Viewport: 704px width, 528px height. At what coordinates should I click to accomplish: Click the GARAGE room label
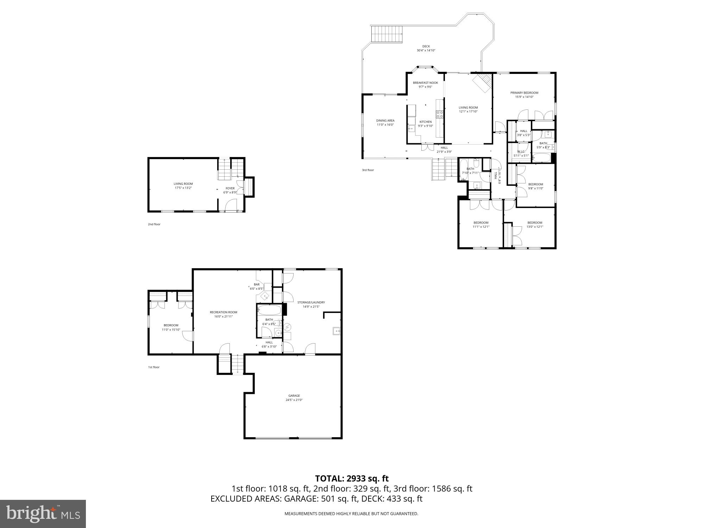point(294,396)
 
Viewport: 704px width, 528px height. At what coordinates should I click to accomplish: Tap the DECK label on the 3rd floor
point(426,46)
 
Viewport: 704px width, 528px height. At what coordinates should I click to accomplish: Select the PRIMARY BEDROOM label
point(524,93)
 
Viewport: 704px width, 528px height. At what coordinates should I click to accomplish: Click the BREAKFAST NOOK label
point(425,83)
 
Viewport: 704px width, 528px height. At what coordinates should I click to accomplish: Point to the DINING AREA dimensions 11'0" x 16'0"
point(385,125)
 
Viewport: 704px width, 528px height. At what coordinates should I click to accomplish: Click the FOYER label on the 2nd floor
point(230,188)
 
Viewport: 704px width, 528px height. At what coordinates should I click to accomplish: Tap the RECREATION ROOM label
point(223,312)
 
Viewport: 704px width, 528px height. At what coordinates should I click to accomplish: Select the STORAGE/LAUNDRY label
point(311,302)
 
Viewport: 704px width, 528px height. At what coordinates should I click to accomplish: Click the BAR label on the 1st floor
point(257,284)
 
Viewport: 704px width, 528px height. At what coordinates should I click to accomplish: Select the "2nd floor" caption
point(154,224)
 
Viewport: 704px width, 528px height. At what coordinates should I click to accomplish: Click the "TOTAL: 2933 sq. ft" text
point(352,478)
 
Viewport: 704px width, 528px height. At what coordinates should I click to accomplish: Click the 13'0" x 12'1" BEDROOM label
point(534,222)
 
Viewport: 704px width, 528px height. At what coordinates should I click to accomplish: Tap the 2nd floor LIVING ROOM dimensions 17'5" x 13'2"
point(183,188)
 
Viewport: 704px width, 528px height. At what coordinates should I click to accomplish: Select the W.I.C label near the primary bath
point(521,151)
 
